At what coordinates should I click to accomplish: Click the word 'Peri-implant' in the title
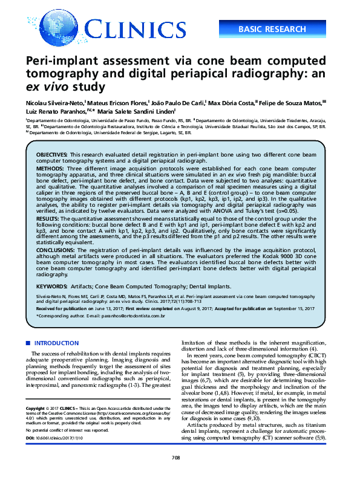tap(65, 62)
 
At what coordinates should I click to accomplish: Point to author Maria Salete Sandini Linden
tap(142, 112)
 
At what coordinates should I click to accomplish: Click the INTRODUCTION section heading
tap(56, 343)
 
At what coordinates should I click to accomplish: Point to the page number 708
tap(177, 458)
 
